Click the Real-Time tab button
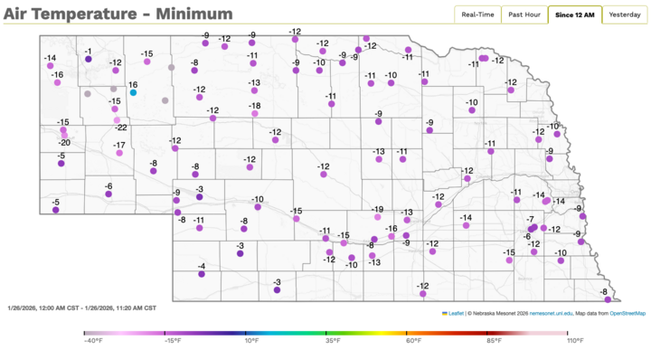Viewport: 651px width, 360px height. click(477, 14)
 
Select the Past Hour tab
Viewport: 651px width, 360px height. click(524, 14)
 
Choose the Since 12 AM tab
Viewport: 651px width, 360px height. click(573, 14)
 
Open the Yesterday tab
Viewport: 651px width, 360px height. click(624, 14)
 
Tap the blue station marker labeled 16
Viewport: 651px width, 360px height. click(133, 92)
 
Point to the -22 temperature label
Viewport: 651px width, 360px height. click(120, 128)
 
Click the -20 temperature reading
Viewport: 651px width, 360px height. click(64, 143)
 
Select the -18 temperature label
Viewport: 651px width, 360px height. click(255, 106)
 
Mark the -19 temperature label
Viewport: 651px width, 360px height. click(377, 209)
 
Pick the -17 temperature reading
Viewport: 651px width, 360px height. click(119, 145)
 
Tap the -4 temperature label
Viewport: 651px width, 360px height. click(202, 265)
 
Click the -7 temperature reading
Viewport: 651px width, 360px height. click(531, 220)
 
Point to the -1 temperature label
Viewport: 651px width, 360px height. click(89, 52)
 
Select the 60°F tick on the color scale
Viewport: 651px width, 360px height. click(412, 341)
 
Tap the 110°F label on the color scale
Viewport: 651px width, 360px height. click(573, 341)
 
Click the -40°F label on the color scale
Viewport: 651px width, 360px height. click(90, 341)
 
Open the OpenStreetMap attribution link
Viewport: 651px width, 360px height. click(627, 313)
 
